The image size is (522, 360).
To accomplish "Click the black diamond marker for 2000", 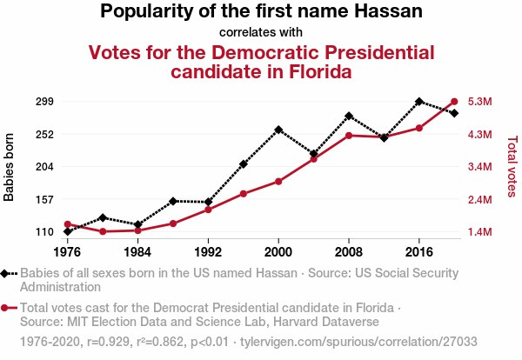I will click(278, 130).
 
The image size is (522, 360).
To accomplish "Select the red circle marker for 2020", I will click(454, 101).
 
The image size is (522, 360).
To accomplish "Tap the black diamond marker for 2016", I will click(419, 102).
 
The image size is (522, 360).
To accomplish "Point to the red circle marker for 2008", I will click(349, 136).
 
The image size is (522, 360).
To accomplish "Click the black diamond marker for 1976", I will click(68, 231).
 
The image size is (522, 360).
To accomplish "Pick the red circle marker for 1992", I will click(208, 210).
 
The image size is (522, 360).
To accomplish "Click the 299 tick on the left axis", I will click(44, 102).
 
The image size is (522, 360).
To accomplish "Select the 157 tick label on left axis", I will click(44, 199).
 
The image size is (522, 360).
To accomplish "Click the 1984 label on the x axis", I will click(137, 251).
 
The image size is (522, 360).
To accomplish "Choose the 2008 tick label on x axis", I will click(349, 251).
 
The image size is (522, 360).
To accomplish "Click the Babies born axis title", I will click(10, 167).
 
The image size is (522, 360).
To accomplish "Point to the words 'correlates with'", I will click(261, 32).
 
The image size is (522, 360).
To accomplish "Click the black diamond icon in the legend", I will click(7, 273).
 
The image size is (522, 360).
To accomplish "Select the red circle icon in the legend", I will click(7, 308).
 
